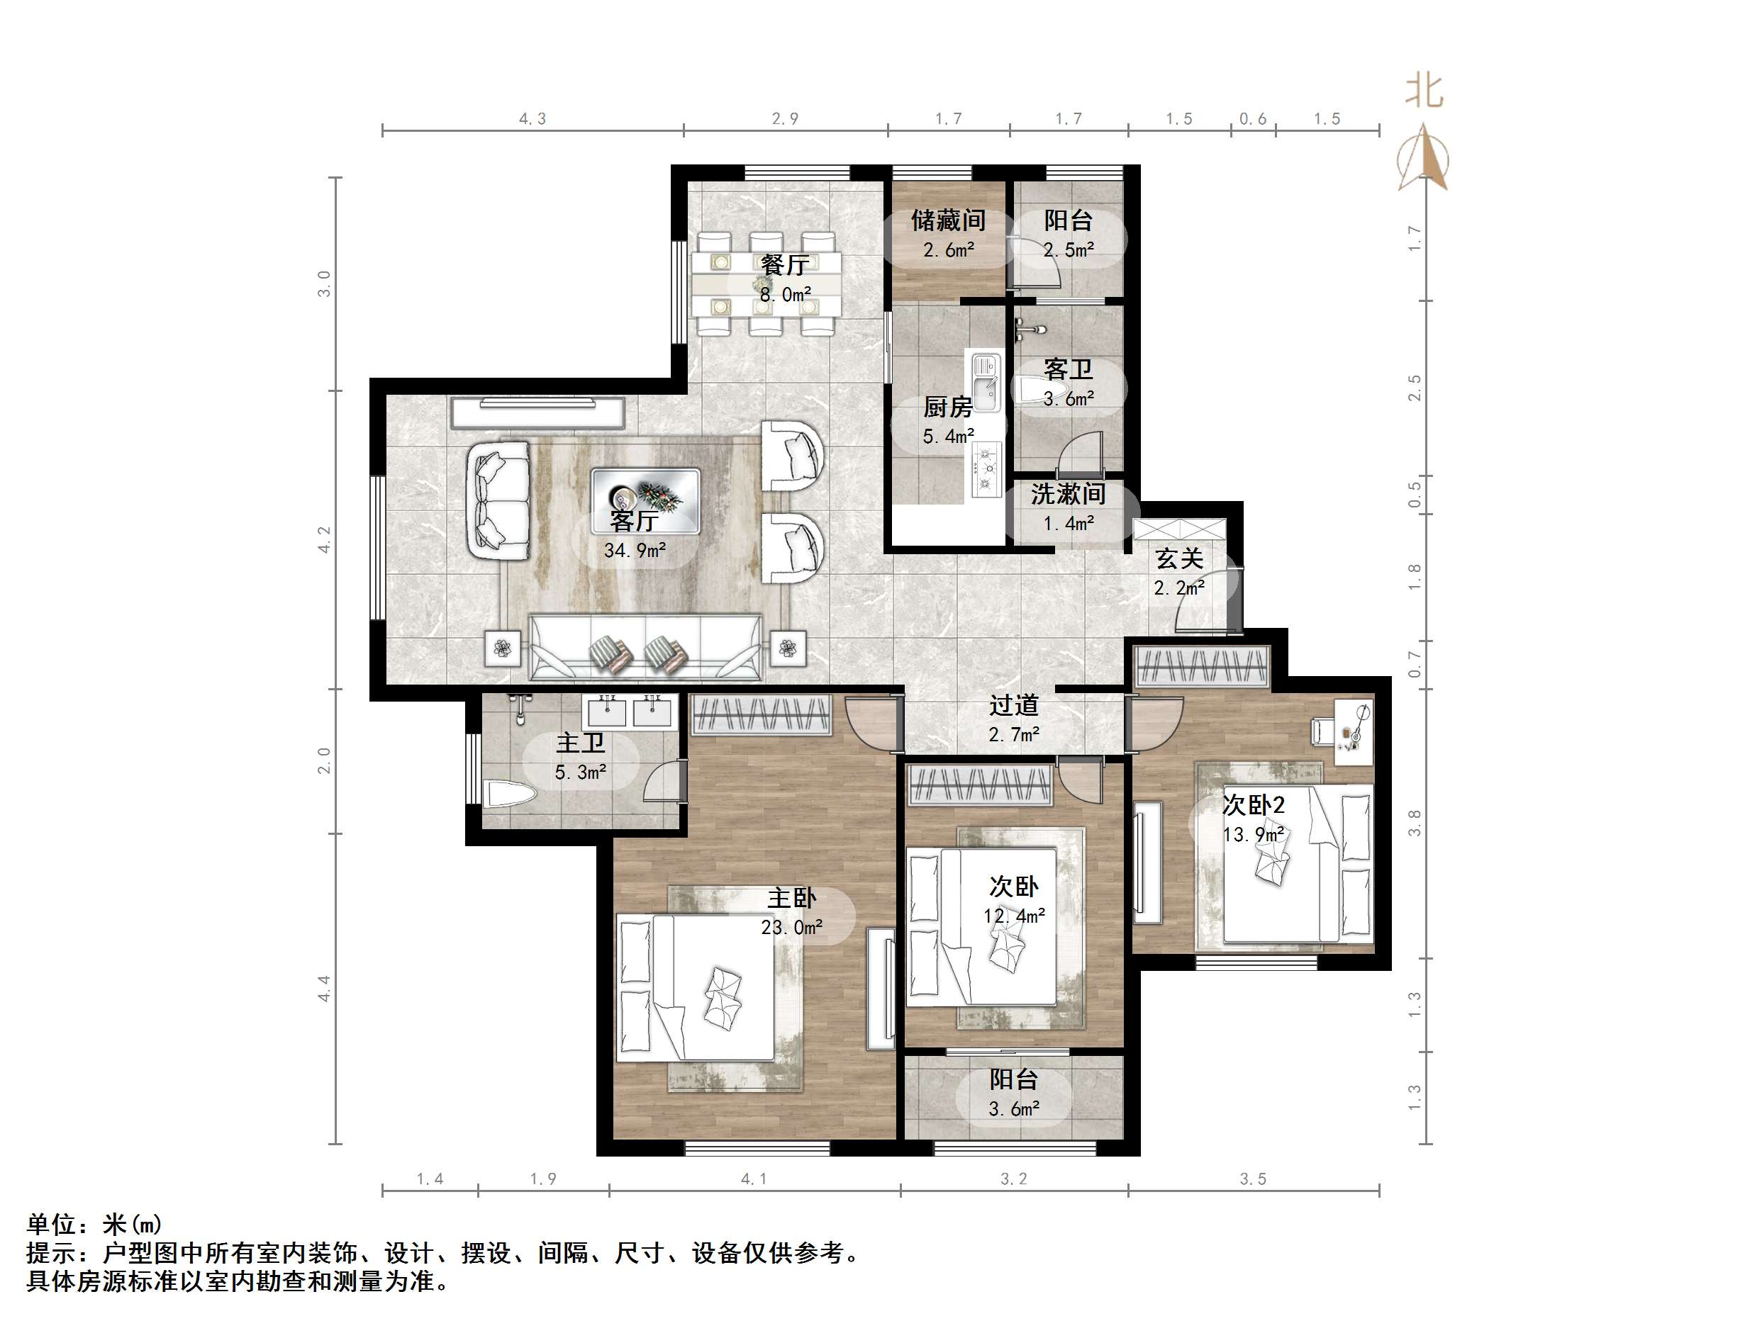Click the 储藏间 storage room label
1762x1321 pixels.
point(948,220)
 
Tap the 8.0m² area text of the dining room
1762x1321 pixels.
point(786,295)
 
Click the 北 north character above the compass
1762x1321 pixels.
point(1424,91)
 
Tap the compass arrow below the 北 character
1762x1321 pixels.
point(1424,157)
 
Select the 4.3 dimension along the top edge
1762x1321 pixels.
point(533,118)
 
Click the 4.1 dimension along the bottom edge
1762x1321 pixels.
point(754,1179)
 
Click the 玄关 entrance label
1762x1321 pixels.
point(1179,559)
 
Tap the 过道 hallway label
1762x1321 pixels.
point(1013,704)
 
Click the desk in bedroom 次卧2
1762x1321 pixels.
point(1354,731)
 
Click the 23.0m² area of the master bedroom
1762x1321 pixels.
point(791,928)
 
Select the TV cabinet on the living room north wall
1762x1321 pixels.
point(537,412)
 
